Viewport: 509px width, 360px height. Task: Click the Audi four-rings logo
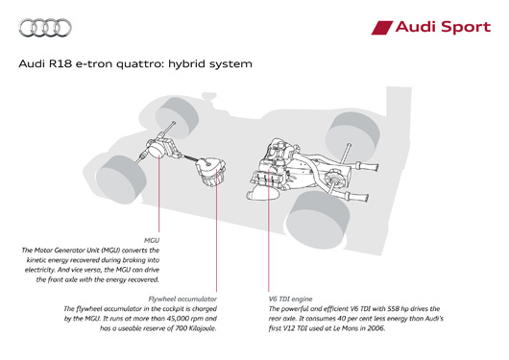pos(45,28)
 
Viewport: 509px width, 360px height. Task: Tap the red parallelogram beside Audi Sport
pos(382,28)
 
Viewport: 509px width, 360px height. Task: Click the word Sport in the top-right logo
pos(466,27)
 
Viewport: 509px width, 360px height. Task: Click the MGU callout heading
pos(152,241)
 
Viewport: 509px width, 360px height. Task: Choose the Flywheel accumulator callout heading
pos(182,299)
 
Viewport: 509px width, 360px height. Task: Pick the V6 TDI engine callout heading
pos(291,299)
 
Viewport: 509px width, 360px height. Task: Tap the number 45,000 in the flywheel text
pos(173,319)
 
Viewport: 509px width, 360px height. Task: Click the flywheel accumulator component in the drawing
pos(211,172)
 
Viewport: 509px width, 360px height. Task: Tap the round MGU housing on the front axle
pos(157,150)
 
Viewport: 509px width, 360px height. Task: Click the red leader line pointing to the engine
pos(269,229)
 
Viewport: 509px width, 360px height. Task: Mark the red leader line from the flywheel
pos(216,229)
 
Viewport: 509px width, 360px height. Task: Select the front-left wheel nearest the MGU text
pos(121,179)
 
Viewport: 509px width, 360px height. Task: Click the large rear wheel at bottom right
pos(318,220)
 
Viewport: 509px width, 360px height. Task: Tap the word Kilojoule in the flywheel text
pos(203,328)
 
